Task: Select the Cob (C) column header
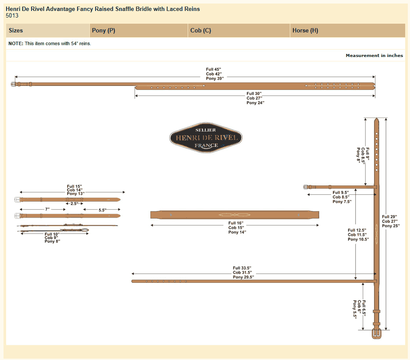pyautogui.click(x=201, y=31)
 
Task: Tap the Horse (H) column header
pyautogui.click(x=305, y=31)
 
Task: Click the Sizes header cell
pyautogui.click(x=16, y=31)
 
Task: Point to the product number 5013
pyautogui.click(x=12, y=15)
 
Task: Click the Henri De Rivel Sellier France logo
pyautogui.click(x=206, y=138)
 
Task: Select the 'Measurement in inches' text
pyautogui.click(x=374, y=56)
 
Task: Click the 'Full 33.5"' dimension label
pyautogui.click(x=242, y=268)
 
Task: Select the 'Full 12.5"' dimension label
pyautogui.click(x=357, y=230)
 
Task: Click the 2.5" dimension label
pyautogui.click(x=74, y=203)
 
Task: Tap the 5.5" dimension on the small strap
pyautogui.click(x=102, y=210)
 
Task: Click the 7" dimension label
pyautogui.click(x=47, y=210)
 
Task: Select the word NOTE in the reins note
pyautogui.click(x=16, y=43)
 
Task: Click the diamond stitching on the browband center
pyautogui.click(x=234, y=214)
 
